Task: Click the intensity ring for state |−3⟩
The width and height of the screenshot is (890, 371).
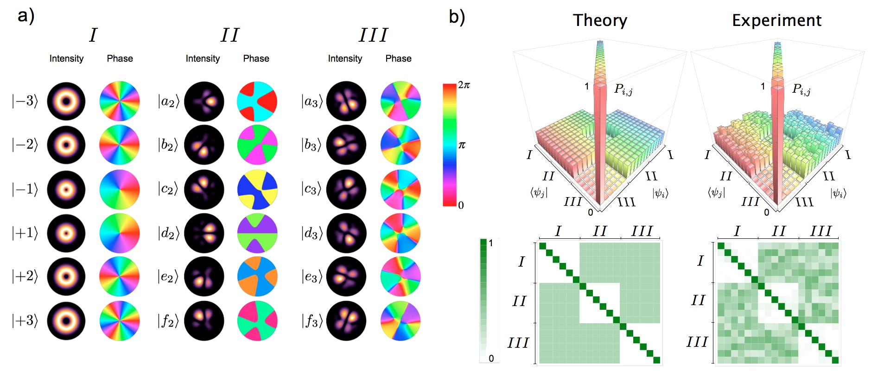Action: tap(66, 101)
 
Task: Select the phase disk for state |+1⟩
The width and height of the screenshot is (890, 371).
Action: tap(120, 233)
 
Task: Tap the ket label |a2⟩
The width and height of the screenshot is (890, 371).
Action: tap(168, 101)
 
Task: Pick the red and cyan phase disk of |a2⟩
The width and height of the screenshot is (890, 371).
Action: tap(257, 101)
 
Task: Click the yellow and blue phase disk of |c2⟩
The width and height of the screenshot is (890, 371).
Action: tap(257, 189)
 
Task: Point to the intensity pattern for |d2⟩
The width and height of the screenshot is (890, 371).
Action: tap(204, 233)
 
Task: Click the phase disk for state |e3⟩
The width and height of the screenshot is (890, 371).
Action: tap(400, 276)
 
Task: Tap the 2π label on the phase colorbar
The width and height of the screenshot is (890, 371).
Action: tap(464, 85)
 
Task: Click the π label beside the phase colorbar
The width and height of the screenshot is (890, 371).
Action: tap(462, 145)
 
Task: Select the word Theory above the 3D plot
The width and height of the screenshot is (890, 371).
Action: tap(600, 20)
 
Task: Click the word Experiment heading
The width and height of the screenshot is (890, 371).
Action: tap(776, 20)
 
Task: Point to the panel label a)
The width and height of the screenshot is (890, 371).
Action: tap(26, 16)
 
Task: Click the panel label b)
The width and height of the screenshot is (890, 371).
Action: tap(457, 17)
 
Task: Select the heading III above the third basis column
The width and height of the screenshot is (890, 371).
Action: tap(373, 35)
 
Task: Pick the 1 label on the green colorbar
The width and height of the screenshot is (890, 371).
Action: tap(491, 243)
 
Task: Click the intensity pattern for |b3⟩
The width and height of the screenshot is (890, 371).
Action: tap(346, 145)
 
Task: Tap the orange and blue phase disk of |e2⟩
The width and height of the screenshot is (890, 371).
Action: tap(257, 276)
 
